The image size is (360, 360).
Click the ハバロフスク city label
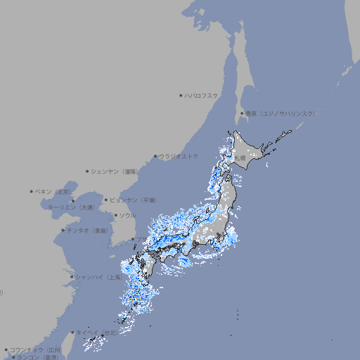click(x=202, y=95)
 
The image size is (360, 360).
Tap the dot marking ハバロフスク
click(x=181, y=95)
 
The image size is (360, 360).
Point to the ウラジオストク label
click(x=179, y=156)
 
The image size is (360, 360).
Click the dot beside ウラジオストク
click(x=155, y=156)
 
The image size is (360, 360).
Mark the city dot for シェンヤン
click(x=87, y=171)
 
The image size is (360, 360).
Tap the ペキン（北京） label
click(x=53, y=191)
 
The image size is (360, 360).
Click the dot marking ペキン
click(x=32, y=191)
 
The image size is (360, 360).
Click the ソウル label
click(x=127, y=216)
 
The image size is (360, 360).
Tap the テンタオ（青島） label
click(x=87, y=231)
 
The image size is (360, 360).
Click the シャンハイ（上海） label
click(x=98, y=277)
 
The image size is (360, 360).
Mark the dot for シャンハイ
click(x=72, y=276)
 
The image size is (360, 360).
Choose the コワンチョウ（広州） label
click(x=36, y=349)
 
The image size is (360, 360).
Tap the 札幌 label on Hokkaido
click(x=240, y=158)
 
